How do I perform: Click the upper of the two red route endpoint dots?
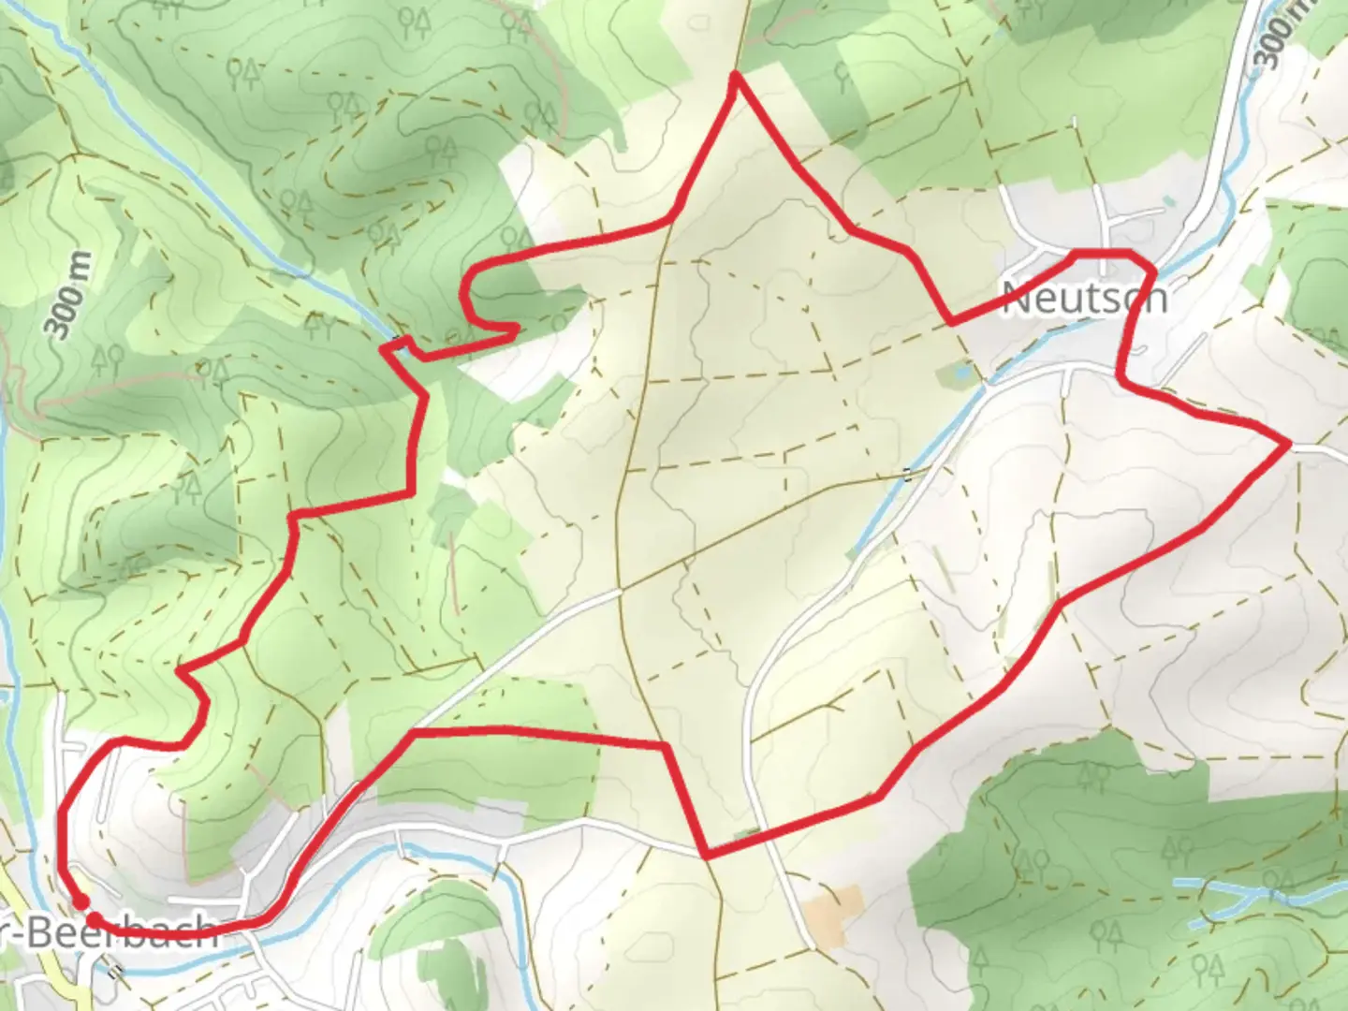click(x=81, y=901)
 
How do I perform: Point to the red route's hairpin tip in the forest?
click(x=516, y=327)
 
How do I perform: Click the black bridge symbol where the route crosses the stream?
click(x=400, y=342)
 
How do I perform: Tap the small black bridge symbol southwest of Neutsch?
click(x=906, y=475)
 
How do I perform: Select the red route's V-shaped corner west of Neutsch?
click(x=951, y=322)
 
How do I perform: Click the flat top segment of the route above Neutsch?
click(x=1102, y=253)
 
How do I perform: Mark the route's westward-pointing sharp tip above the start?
click(x=179, y=670)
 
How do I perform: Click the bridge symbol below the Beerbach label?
click(x=113, y=971)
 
